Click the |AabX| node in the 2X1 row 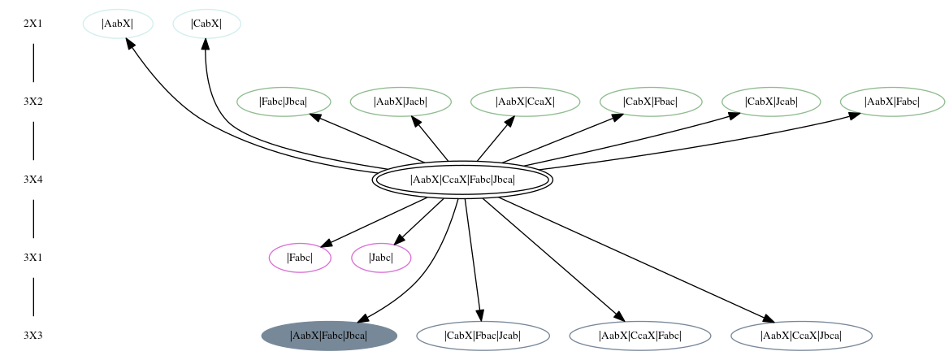point(118,24)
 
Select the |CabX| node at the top point(206,24)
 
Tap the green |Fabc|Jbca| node point(284,102)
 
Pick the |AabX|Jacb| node point(401,102)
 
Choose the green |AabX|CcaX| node point(525,102)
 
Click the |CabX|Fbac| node point(651,102)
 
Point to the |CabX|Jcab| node point(771,102)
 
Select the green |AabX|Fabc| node point(892,102)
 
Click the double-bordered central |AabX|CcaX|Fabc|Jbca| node point(462,180)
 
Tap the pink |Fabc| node point(300,258)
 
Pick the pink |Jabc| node point(381,258)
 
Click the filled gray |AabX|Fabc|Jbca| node point(329,336)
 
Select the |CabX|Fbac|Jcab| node point(483,336)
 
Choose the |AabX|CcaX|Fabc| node point(640,336)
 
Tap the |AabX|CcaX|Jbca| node point(801,336)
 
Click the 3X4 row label point(33,180)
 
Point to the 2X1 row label point(33,24)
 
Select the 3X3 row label point(33,336)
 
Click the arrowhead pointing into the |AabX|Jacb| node point(416,122)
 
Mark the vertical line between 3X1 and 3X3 point(33,297)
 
